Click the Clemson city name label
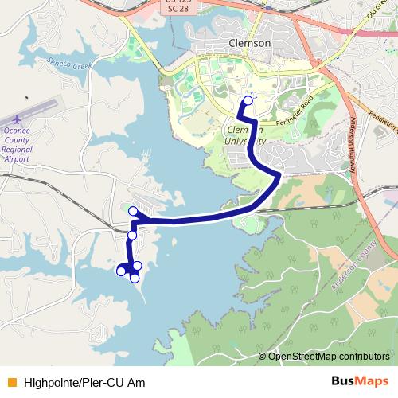(x=248, y=43)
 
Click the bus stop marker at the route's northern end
(x=248, y=100)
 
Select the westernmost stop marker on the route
(x=121, y=271)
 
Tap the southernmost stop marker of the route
(x=135, y=277)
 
